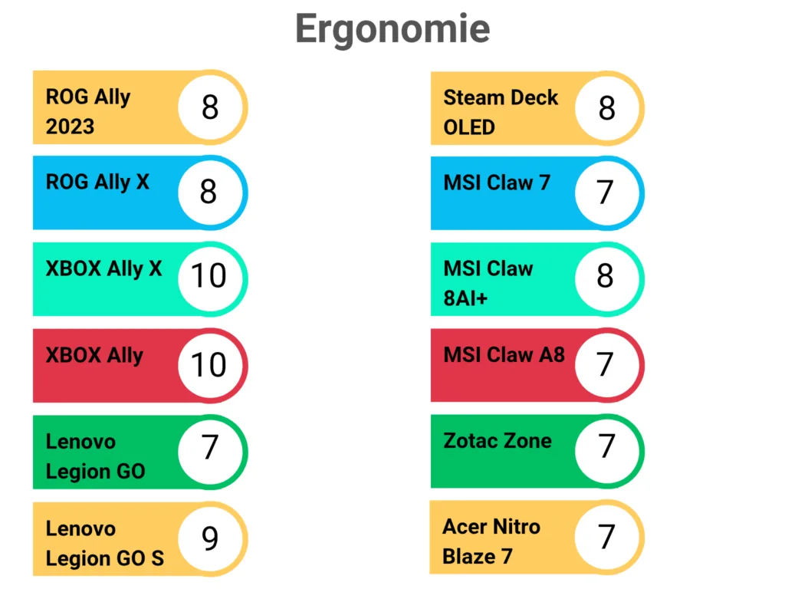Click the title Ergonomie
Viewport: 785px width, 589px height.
(x=392, y=29)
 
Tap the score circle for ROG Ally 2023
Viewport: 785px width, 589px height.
(x=209, y=107)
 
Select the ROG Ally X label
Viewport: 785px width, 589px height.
(x=97, y=183)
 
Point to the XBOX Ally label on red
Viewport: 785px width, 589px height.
(x=94, y=356)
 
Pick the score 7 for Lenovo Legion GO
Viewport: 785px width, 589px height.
(x=209, y=447)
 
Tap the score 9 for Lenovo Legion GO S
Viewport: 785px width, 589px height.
(x=209, y=539)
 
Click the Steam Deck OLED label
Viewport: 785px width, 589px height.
(x=500, y=112)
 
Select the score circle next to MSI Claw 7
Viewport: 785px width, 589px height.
(x=606, y=192)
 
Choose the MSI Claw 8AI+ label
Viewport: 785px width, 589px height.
(x=488, y=283)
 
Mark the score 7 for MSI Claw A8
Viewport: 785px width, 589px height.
(x=606, y=364)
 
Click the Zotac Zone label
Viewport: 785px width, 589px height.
(x=497, y=441)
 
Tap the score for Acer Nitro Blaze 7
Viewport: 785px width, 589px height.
(x=606, y=537)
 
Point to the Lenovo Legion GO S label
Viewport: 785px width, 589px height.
(x=104, y=544)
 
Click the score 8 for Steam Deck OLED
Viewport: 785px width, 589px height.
(x=606, y=108)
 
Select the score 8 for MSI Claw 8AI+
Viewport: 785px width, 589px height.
(x=606, y=277)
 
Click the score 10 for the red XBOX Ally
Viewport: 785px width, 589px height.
(x=209, y=365)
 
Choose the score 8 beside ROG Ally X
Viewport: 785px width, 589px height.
(x=209, y=192)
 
